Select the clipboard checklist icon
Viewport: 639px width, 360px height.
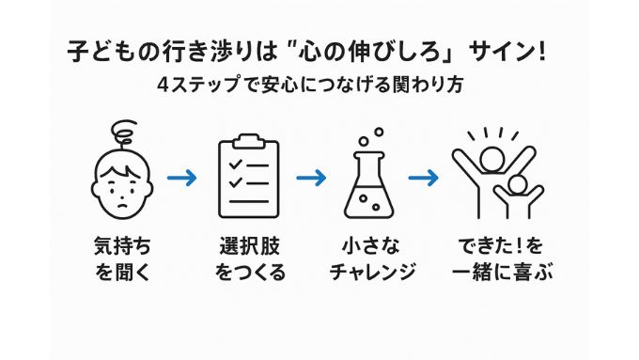coord(248,176)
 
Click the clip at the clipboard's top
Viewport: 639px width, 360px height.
coord(248,141)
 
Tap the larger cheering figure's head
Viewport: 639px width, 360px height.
coord(491,157)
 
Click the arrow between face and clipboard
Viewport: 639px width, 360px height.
coord(181,177)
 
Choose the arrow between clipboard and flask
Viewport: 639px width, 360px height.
coord(310,177)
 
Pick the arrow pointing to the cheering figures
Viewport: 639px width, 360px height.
coord(424,177)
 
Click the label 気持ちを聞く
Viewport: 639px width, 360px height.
coord(122,259)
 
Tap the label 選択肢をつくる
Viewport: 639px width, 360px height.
coord(249,259)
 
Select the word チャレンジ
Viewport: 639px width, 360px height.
coord(374,273)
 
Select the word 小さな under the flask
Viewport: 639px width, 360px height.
coord(373,246)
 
